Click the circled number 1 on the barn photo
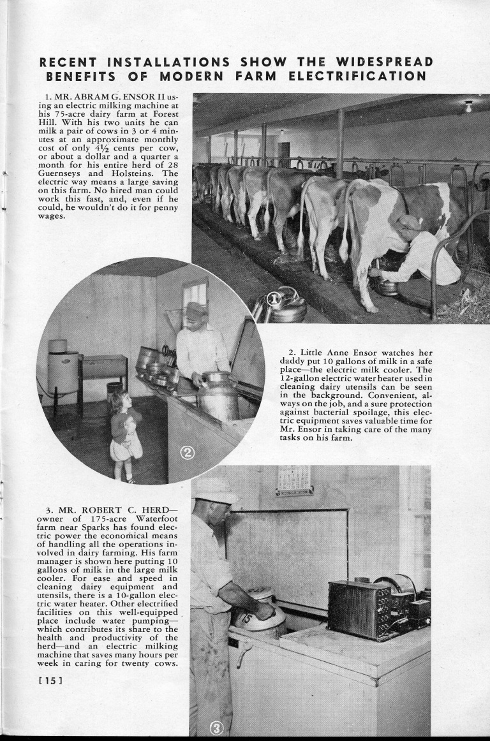tap(274, 299)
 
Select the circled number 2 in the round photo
tap(188, 453)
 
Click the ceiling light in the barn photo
tap(468, 106)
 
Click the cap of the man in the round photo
tap(196, 310)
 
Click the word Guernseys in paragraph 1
tap(60, 173)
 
